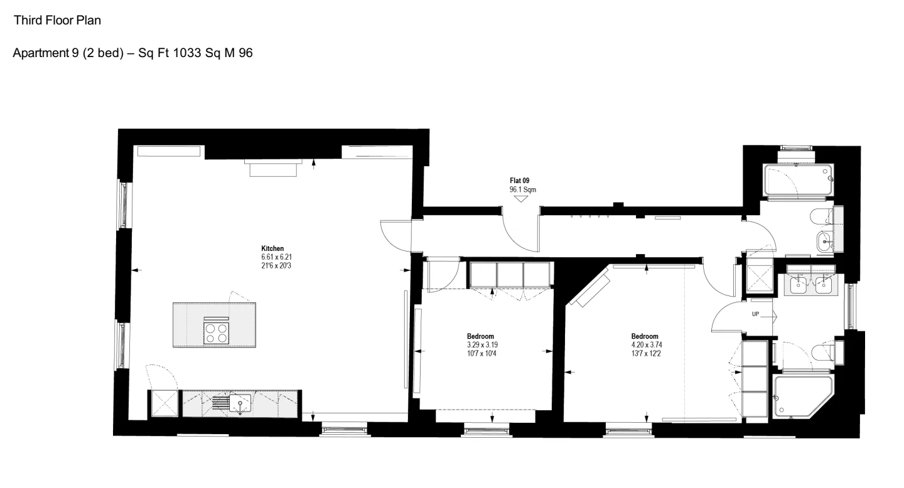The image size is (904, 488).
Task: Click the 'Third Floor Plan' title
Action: pos(57,20)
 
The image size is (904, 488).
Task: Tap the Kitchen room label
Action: pos(272,248)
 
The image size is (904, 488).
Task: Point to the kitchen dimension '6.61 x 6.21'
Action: pos(276,257)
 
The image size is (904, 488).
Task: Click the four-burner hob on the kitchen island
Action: pos(217,332)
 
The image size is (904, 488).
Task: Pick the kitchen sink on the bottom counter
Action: pos(240,404)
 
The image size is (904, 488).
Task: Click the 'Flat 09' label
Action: pos(519,181)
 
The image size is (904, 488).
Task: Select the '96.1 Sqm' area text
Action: pos(522,189)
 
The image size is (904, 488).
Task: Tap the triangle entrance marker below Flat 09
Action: pos(521,199)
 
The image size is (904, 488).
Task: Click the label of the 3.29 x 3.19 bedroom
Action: pos(480,336)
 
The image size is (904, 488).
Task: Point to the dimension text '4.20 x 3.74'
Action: pos(647,345)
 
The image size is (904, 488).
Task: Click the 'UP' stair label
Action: pos(755,314)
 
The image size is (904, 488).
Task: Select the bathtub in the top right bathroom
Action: pos(798,179)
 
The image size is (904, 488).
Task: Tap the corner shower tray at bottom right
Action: pos(801,396)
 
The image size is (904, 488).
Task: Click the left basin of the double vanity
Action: pos(798,285)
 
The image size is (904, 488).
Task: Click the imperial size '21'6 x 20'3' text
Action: pos(276,266)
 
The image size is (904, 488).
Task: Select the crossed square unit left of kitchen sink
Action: pos(164,403)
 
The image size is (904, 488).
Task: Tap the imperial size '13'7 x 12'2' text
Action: pos(646,354)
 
